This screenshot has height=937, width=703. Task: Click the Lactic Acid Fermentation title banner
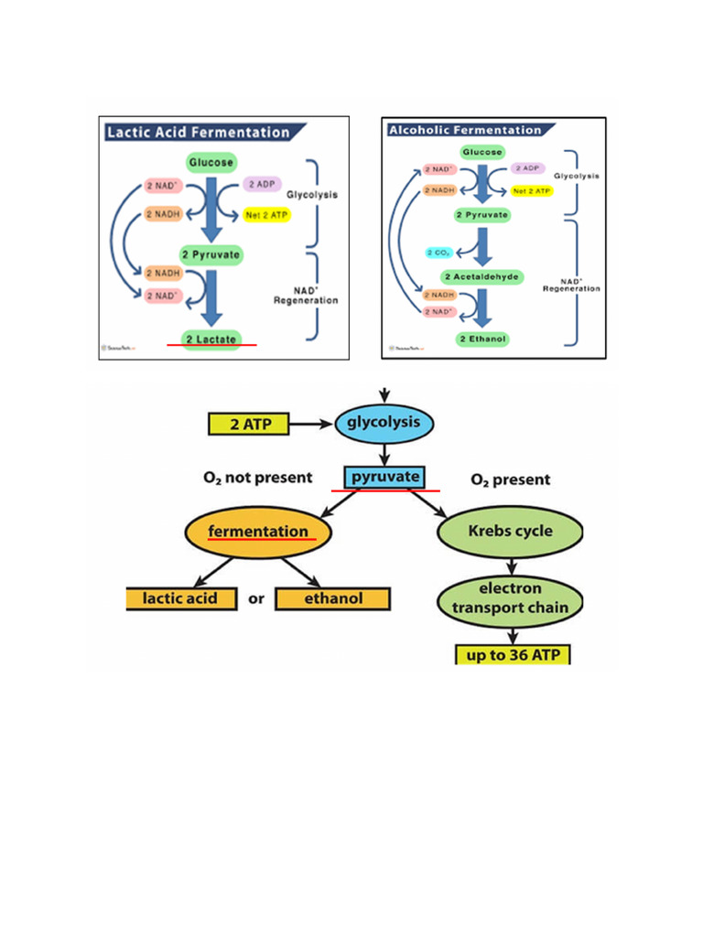click(x=198, y=132)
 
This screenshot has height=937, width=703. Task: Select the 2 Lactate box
click(x=211, y=339)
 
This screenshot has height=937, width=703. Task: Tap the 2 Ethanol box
click(x=482, y=339)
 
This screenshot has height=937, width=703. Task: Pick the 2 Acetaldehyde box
click(x=482, y=276)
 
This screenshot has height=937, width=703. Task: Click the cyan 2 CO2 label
click(x=438, y=252)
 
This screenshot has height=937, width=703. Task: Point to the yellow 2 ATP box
click(x=249, y=424)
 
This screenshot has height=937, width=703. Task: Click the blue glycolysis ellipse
click(x=384, y=423)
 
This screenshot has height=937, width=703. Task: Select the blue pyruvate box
click(x=385, y=477)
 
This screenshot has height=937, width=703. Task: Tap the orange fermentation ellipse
click(x=258, y=532)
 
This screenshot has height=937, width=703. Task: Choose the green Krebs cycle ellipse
click(x=510, y=531)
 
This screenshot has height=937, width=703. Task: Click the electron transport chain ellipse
click(x=510, y=598)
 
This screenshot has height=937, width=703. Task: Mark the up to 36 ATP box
click(x=513, y=654)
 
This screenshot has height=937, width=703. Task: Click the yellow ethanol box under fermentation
click(x=332, y=598)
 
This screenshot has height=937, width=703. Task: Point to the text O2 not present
click(x=257, y=478)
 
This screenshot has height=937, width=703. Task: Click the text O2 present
click(x=510, y=479)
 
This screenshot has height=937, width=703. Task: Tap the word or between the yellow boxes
click(x=256, y=599)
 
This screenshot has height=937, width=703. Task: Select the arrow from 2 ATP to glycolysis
click(x=311, y=424)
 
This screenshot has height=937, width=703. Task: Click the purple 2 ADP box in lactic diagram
click(x=265, y=184)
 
